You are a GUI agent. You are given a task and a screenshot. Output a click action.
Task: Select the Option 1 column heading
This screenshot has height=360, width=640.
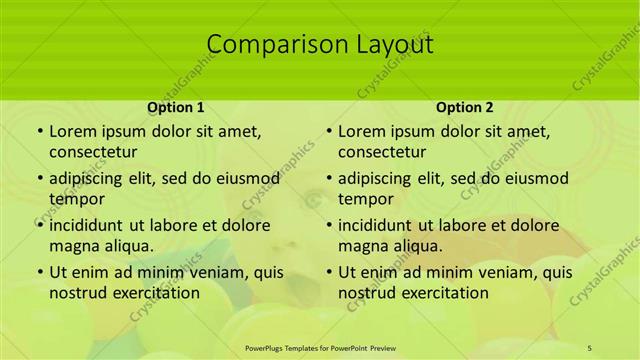(x=176, y=106)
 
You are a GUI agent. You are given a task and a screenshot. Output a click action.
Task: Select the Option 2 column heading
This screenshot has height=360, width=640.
(x=465, y=106)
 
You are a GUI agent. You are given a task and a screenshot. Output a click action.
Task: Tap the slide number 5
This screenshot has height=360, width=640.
(x=590, y=346)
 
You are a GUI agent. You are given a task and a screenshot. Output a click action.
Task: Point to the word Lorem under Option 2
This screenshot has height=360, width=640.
(x=361, y=131)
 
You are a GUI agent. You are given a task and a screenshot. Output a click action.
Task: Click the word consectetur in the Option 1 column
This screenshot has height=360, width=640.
(x=93, y=152)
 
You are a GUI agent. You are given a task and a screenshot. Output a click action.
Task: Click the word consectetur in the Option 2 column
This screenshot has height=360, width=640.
(x=382, y=152)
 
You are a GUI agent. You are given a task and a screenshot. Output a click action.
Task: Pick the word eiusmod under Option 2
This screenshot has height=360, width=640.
(x=536, y=178)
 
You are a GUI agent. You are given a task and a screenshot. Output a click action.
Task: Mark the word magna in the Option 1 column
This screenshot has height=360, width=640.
(x=73, y=246)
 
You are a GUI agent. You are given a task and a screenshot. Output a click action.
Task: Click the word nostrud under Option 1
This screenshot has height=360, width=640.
(x=77, y=293)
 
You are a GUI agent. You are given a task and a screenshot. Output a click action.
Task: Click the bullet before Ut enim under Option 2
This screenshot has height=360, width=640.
(x=328, y=273)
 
